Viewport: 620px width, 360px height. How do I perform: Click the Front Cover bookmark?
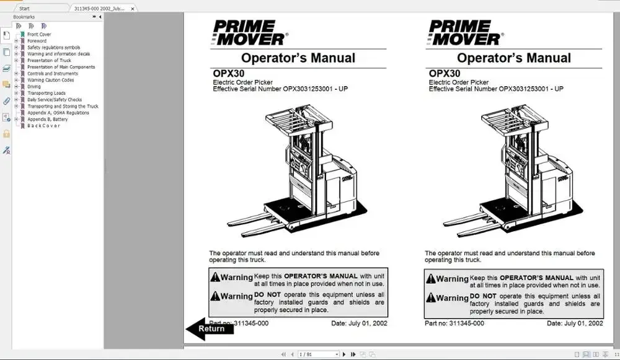(x=39, y=35)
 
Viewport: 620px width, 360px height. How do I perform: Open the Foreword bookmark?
(x=37, y=41)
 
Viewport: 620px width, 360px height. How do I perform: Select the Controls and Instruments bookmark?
(x=53, y=74)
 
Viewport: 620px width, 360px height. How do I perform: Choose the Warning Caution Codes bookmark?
(x=50, y=80)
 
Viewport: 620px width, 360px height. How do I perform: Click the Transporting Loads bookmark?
(x=46, y=93)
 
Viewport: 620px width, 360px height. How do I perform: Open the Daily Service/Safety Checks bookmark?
(x=55, y=100)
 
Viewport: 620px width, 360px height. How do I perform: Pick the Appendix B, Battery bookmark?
(x=48, y=119)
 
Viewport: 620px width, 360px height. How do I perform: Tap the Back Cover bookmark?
(x=43, y=126)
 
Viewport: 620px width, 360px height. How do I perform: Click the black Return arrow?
(x=209, y=328)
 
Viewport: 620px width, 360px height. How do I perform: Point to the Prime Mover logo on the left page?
(x=249, y=32)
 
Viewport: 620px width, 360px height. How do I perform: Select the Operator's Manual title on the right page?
(x=514, y=58)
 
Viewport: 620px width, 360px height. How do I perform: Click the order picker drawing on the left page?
(x=294, y=170)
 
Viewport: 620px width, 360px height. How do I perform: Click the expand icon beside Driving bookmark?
(x=16, y=87)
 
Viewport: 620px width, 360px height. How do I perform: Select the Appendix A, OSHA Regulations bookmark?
(x=58, y=113)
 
